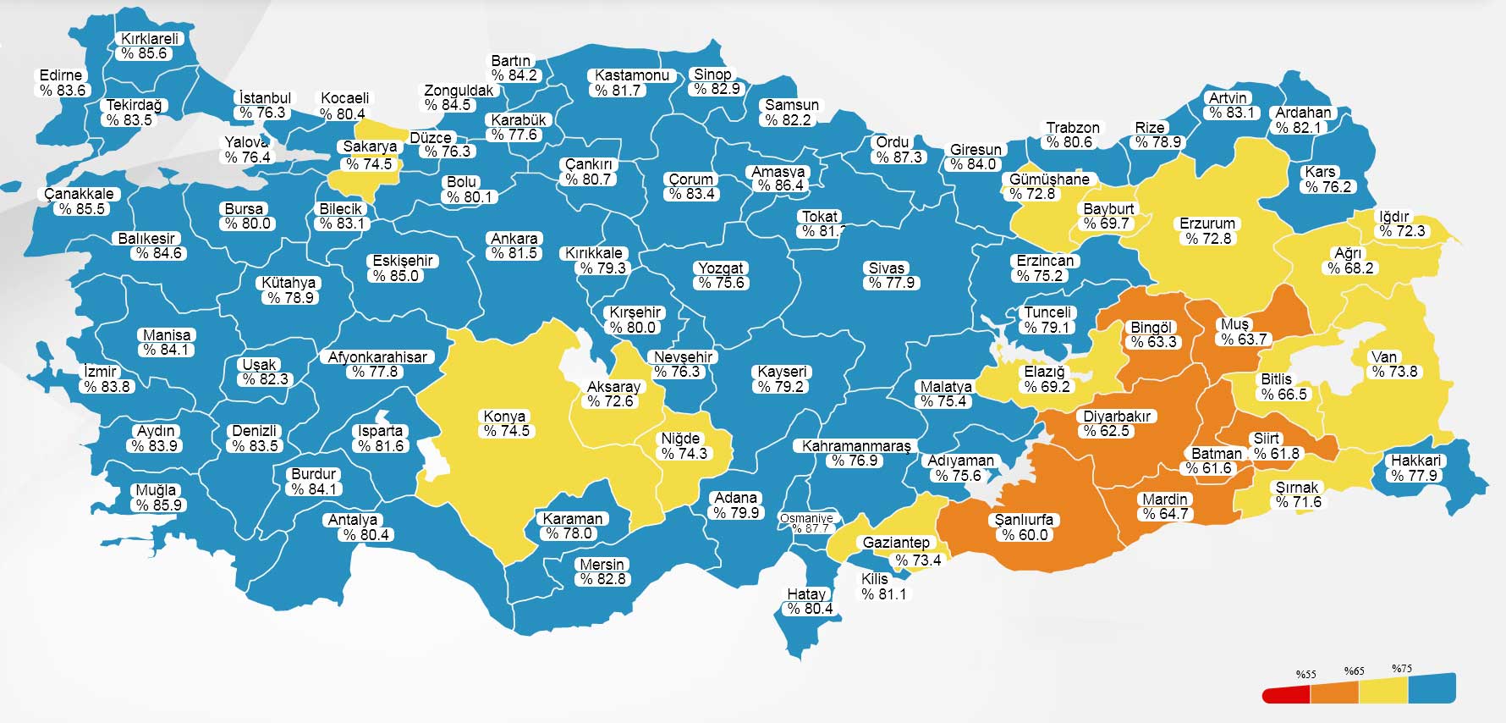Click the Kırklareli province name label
pos(150,38)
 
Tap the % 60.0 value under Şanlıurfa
pos(1024,535)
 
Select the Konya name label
pos(504,416)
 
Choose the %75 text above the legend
pos(1402,669)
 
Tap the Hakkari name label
pos(1415,461)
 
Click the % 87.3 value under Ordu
pos(899,157)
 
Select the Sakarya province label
pos(370,146)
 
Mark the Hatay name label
pos(806,593)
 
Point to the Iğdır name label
pos(1393,216)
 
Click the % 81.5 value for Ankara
pos(514,253)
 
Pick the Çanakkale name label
pos(79,194)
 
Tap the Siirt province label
pos(1267,439)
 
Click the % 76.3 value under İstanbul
pos(262,113)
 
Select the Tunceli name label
pos(1047,312)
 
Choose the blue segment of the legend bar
pos(1432,689)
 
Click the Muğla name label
pos(157,490)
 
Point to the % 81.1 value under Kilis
pos(883,594)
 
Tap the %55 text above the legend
pos(1305,675)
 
